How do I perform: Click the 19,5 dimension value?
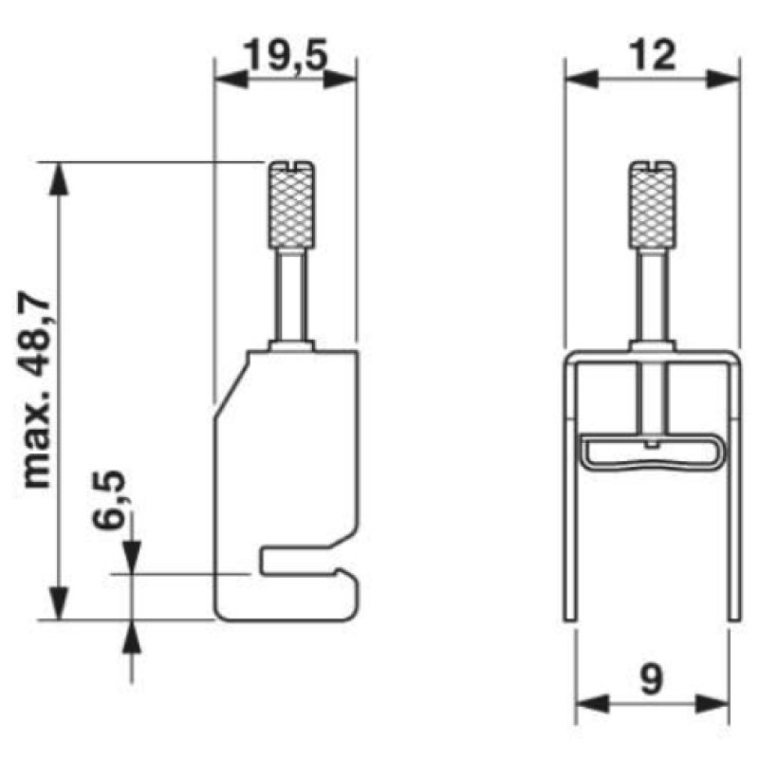[x=286, y=55]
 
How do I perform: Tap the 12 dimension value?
[x=653, y=55]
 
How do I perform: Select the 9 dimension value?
[x=652, y=678]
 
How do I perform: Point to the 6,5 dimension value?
[x=109, y=500]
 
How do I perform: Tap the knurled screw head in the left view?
[x=291, y=205]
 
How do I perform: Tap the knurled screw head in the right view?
[x=653, y=205]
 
